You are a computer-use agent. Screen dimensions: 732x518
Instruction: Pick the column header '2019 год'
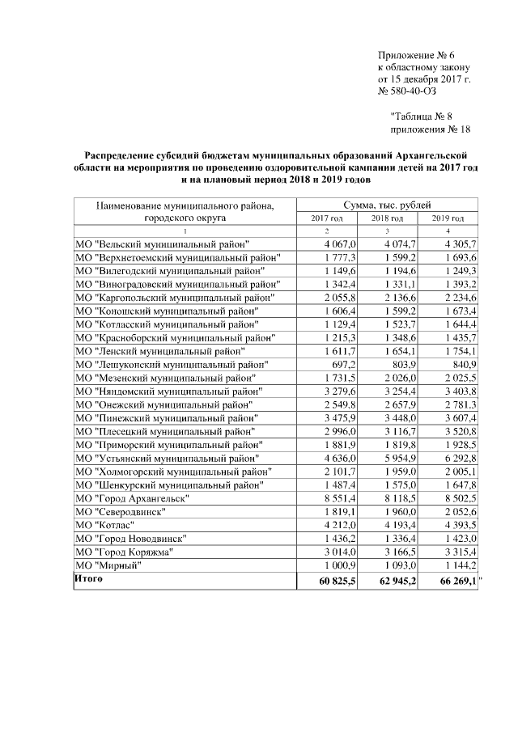tap(448, 218)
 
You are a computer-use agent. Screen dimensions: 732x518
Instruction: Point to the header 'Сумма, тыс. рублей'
tap(388, 205)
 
